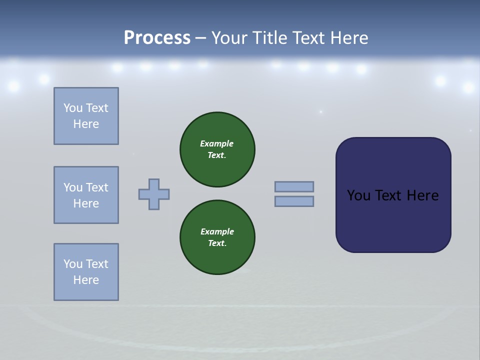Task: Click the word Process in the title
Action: pos(157,37)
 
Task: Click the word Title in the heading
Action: pos(269,37)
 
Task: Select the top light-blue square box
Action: pos(86,116)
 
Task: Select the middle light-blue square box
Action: pos(86,195)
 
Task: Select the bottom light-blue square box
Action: pos(86,272)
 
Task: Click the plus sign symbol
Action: pos(154,194)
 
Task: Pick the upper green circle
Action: pos(217,149)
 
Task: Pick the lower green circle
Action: pos(217,237)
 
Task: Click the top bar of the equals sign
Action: pos(294,186)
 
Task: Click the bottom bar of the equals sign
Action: pos(294,201)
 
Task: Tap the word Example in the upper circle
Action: pos(217,143)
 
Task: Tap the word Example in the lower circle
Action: pos(217,231)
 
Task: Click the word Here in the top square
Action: pos(86,124)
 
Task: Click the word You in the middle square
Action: pos(73,187)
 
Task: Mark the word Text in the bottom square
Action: pos(96,264)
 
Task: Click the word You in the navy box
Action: pos(358,195)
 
